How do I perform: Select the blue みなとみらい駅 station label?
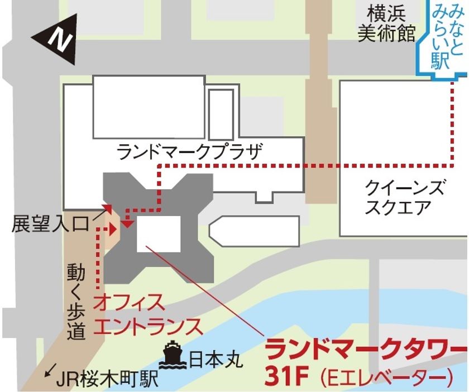(442, 36)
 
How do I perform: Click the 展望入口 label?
(50, 224)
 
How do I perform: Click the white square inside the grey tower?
(159, 231)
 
